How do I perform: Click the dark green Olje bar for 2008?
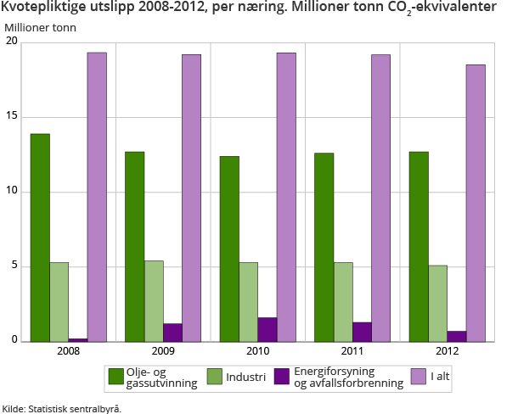pos(40,238)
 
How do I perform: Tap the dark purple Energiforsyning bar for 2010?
pos(267,330)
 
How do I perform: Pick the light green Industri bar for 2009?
pos(154,301)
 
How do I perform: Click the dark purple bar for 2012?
pos(456,336)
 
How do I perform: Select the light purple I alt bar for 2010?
pos(285,198)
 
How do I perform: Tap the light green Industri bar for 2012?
pos(437,304)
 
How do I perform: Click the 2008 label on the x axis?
pos(68,351)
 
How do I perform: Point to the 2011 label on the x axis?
pos(352,351)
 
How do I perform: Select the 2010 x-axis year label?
pos(257,351)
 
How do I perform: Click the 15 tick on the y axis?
pos(11,117)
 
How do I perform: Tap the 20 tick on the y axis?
pos(11,42)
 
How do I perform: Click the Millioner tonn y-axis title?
pos(40,27)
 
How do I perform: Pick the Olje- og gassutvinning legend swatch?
pos(116,376)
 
